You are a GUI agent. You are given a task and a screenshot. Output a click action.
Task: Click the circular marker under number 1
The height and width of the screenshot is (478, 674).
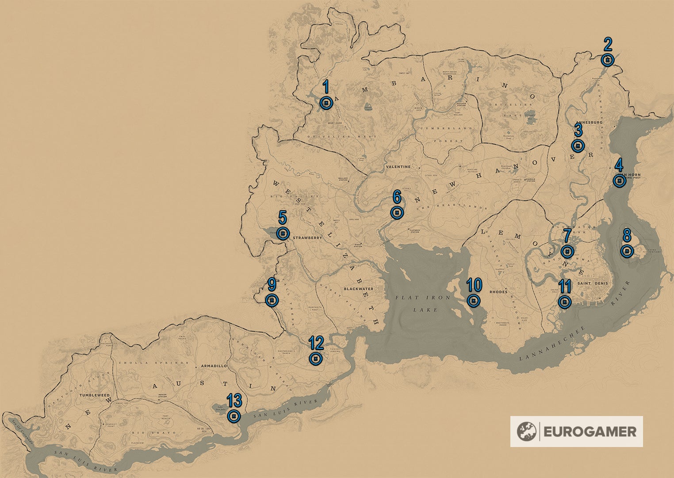pyautogui.click(x=326, y=103)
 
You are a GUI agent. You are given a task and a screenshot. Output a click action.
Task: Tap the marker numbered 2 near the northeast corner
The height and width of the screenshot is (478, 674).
pyautogui.click(x=608, y=60)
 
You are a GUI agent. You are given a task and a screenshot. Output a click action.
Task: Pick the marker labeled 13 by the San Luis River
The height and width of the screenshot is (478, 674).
pyautogui.click(x=234, y=416)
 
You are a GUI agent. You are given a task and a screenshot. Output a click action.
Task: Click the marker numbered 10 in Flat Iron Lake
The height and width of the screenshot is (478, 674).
pyautogui.click(x=474, y=301)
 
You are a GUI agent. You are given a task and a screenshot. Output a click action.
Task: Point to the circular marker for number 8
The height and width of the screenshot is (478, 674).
pyautogui.click(x=627, y=251)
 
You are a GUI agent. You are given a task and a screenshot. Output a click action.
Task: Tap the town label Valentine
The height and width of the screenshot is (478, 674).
pyautogui.click(x=398, y=167)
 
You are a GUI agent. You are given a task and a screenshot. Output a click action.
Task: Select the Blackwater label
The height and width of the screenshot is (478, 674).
pyautogui.click(x=358, y=289)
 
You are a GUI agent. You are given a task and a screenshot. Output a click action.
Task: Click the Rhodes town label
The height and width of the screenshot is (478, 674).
pyautogui.click(x=498, y=292)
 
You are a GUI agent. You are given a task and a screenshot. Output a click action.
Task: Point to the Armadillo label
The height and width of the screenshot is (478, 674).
pyautogui.click(x=214, y=366)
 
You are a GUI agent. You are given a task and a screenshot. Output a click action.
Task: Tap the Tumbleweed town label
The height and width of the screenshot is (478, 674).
pyautogui.click(x=95, y=395)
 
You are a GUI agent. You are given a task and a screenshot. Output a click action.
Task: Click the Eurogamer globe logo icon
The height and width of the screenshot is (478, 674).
pyautogui.click(x=527, y=432)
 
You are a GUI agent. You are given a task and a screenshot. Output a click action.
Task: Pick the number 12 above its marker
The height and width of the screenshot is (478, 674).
pyautogui.click(x=316, y=343)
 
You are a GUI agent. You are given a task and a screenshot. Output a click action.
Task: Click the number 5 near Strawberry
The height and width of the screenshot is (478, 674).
pyautogui.click(x=282, y=217)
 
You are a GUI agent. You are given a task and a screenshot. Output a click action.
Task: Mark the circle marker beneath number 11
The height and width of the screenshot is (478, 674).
pyautogui.click(x=564, y=302)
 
